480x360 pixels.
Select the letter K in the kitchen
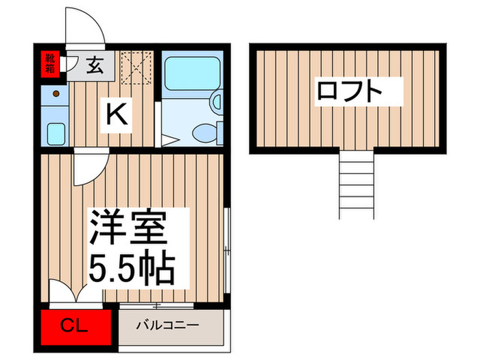(116, 114)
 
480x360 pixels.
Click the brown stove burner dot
(56, 93)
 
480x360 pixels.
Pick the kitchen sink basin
(56, 132)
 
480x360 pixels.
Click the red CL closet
(75, 325)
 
